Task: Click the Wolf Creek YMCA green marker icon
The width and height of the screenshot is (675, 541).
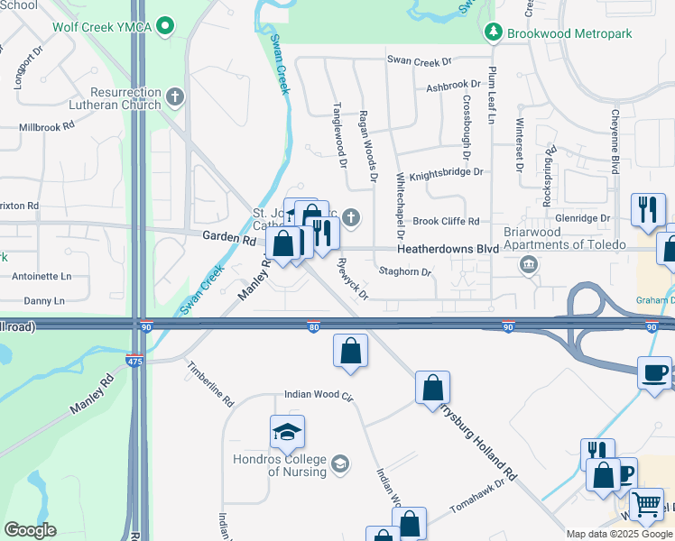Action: coord(164,26)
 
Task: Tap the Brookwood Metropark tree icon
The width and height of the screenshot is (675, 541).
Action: coord(493,33)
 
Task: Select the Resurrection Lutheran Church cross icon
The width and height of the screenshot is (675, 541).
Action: coord(175,95)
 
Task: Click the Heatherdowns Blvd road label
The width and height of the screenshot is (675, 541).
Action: coord(448,248)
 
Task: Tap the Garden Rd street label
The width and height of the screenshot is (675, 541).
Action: coord(229,238)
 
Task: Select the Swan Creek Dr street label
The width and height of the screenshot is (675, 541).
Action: coord(419,61)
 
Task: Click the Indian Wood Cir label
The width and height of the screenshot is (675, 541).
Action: coord(318,394)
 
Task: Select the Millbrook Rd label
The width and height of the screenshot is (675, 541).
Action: coord(46,127)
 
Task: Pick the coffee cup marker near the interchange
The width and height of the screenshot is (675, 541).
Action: coord(653,372)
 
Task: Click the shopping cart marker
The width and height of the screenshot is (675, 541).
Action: coord(646,505)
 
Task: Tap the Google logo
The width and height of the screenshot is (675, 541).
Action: coord(30,530)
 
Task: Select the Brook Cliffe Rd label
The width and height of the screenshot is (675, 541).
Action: coord(446,221)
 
